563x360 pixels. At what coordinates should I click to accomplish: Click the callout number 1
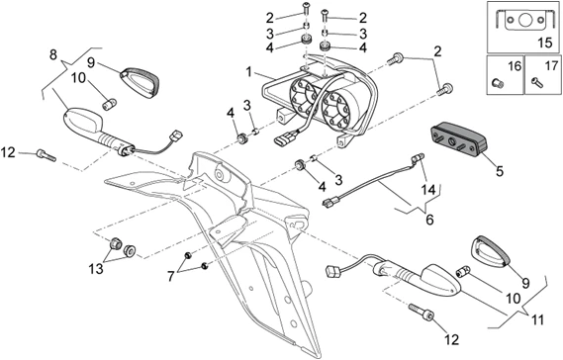tap(248, 72)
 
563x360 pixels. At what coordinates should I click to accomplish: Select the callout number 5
tap(500, 171)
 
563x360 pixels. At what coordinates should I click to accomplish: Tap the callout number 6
tap(429, 219)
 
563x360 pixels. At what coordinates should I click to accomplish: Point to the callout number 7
tap(170, 276)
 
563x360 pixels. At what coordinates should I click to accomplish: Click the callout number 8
tap(53, 55)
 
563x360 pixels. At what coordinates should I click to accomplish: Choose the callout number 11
tap(537, 319)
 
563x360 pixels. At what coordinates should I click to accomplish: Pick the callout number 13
tap(96, 268)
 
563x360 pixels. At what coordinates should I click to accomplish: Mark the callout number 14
tap(428, 190)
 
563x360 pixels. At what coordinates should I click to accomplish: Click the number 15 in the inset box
tap(545, 43)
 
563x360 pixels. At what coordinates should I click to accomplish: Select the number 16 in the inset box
tap(515, 66)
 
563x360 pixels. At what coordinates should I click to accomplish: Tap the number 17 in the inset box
tap(552, 66)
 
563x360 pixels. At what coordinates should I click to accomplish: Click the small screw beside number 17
tap(537, 83)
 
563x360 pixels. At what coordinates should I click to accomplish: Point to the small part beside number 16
tap(498, 83)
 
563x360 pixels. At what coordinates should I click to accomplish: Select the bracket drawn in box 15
tap(522, 20)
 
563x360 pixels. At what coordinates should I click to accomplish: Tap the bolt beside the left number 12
tap(46, 156)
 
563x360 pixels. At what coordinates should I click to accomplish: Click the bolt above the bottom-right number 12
tap(422, 312)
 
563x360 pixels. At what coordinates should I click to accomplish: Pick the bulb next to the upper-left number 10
tap(109, 104)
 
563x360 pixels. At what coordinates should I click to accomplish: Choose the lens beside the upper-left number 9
tap(141, 82)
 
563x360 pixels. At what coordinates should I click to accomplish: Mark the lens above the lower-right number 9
tap(491, 251)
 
